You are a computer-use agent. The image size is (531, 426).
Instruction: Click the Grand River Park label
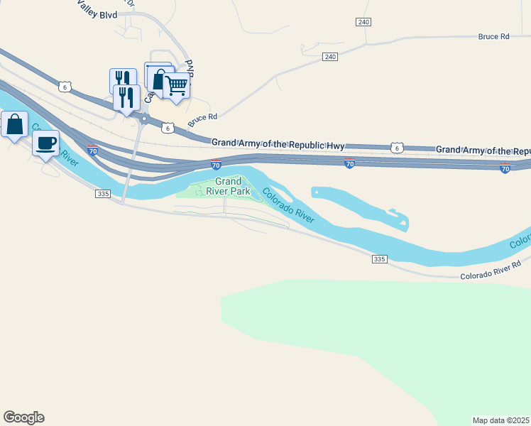pos(233,187)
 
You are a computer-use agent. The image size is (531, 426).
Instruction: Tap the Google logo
pos(23,417)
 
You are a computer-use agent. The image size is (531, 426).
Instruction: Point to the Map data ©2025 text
pos(501,420)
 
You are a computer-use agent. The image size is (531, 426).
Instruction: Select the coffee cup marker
pos(46,143)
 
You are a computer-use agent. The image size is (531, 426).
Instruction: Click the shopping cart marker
pos(176,87)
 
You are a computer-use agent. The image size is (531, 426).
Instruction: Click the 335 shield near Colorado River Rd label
pos(378,260)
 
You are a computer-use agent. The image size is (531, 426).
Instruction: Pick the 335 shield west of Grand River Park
pos(104,193)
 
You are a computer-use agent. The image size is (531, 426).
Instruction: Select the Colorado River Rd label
pos(490,270)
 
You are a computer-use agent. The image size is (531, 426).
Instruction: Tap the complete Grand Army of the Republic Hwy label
pos(278,144)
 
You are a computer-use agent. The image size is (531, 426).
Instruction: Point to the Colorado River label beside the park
pos(288,205)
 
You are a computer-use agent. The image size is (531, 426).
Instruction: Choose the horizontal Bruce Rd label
pos(494,36)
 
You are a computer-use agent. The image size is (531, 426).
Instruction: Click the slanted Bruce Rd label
pos(202,121)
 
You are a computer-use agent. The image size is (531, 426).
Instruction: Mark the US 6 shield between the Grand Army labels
pos(396,148)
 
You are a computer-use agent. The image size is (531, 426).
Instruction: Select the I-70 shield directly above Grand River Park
pos(216,165)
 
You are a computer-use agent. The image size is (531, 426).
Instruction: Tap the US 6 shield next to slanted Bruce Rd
pos(167,128)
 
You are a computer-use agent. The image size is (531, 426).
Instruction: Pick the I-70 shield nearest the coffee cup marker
pos(92,150)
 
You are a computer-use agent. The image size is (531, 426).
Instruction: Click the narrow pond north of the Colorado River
pos(358,203)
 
